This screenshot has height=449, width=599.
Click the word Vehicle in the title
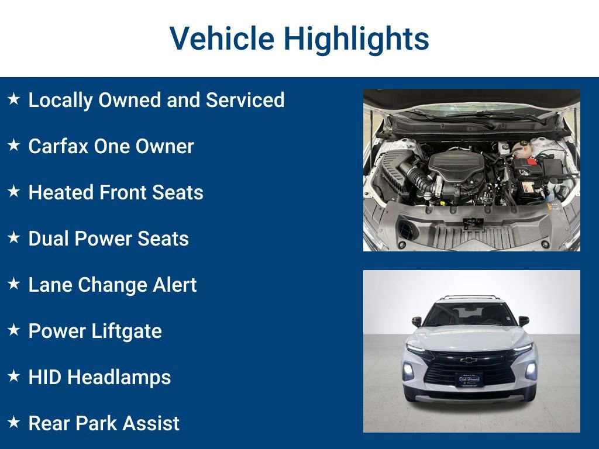(222, 38)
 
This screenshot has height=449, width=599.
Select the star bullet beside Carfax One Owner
(14, 145)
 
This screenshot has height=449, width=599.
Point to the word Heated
(60, 192)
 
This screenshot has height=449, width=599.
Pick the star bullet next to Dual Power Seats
(14, 237)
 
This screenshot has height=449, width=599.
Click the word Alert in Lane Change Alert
(174, 285)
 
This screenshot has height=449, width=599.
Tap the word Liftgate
(127, 331)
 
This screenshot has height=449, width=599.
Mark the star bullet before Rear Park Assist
(14, 422)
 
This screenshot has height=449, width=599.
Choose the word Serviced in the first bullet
(245, 99)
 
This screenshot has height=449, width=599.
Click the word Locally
(60, 101)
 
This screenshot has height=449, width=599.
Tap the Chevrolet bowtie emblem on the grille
(469, 360)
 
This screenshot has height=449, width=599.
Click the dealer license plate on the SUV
(470, 379)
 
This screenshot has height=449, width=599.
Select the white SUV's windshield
(470, 314)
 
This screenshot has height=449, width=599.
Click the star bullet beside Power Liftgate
(14, 330)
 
